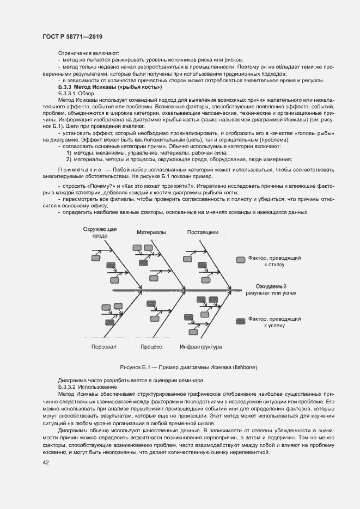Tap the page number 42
[x=46, y=463]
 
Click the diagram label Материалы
[x=151, y=232]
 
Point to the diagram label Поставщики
[x=203, y=232]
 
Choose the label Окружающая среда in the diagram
[x=100, y=232]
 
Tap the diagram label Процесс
[x=151, y=346]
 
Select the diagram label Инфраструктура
[x=199, y=346]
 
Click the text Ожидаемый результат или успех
[x=271, y=289]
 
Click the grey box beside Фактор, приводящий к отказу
[x=240, y=260]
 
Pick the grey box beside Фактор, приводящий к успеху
[x=240, y=321]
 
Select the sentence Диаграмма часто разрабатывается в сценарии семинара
[x=131, y=379]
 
